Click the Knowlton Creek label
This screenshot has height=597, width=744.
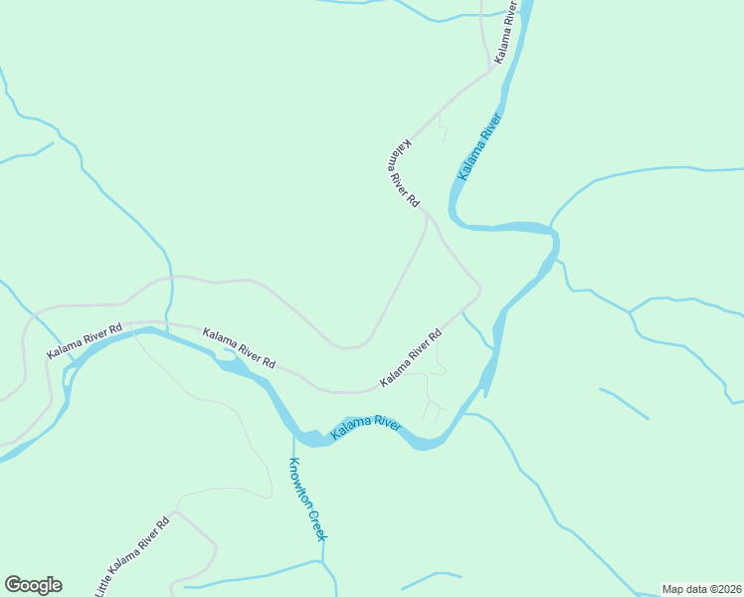[x=307, y=499]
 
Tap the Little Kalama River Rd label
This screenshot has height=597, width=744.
[x=134, y=556]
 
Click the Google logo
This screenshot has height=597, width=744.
[x=33, y=585]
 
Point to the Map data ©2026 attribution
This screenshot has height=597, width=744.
[x=701, y=589]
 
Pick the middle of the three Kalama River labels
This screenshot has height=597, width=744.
[x=481, y=147]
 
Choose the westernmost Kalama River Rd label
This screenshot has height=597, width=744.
[x=85, y=340]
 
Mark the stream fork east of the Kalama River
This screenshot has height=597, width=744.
[x=630, y=311]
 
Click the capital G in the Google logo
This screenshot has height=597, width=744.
[x=13, y=585]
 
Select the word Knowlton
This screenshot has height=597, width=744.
[x=299, y=481]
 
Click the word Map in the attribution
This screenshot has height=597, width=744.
[x=673, y=589]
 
